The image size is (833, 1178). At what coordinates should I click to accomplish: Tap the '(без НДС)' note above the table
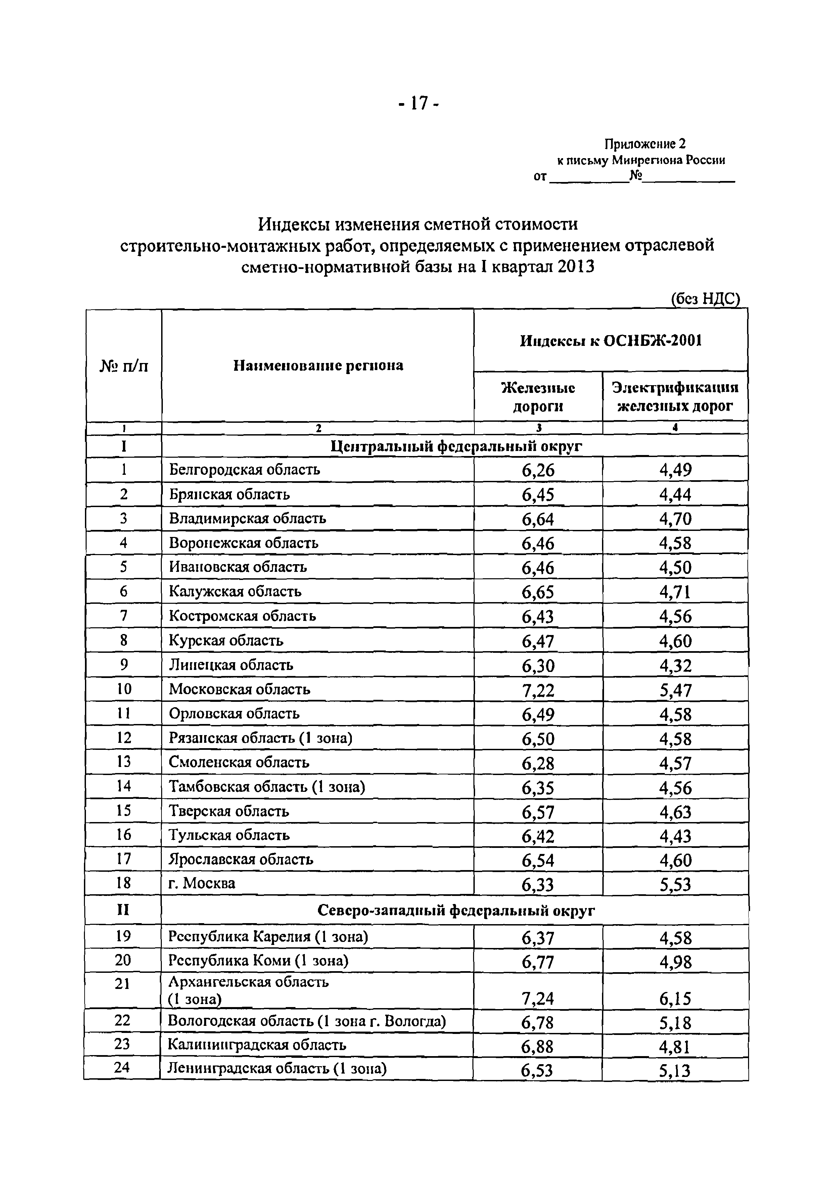[x=706, y=299]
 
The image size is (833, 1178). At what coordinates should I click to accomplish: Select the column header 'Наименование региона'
[x=318, y=365]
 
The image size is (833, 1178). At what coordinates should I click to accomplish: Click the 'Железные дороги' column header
[x=538, y=397]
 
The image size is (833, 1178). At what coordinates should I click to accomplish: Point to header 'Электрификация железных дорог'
[x=675, y=397]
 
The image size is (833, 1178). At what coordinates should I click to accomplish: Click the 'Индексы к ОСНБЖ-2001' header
[x=610, y=341]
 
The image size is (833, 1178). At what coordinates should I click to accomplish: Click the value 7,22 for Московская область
[x=538, y=690]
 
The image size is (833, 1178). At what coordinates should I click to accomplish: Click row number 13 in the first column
[x=124, y=762]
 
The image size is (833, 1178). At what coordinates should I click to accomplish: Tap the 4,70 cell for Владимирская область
[x=675, y=519]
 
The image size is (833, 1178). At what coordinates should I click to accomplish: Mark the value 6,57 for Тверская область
[x=538, y=812]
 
